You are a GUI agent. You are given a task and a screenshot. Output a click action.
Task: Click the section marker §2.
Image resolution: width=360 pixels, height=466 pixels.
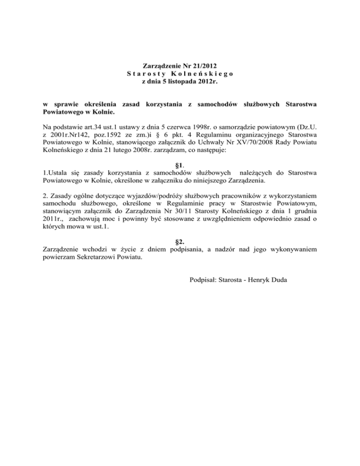coord(179,242)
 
